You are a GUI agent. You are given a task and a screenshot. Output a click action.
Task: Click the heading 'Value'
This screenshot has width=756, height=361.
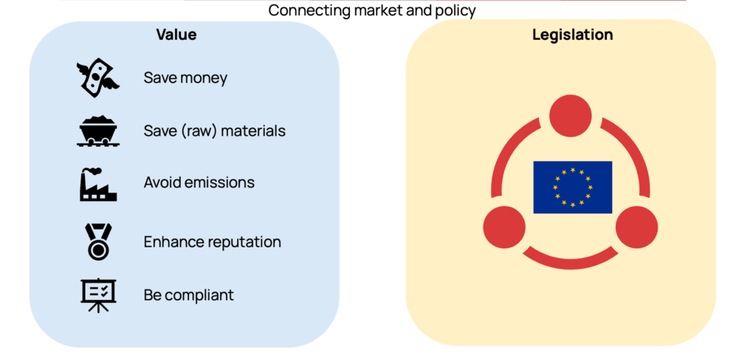(176, 35)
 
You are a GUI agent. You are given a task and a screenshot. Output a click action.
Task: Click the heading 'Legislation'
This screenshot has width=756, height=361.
(572, 35)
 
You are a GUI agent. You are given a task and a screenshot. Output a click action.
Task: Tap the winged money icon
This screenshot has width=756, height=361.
(98, 78)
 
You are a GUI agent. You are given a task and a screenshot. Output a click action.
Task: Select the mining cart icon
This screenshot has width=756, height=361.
(98, 131)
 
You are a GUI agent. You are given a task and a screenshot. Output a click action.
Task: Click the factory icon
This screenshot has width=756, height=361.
(98, 183)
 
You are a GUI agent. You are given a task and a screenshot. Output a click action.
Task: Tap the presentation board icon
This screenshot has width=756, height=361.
(98, 295)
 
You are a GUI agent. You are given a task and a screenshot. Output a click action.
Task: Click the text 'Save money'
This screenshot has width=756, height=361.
(185, 78)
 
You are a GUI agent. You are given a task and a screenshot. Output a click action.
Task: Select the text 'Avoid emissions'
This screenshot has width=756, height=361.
(199, 182)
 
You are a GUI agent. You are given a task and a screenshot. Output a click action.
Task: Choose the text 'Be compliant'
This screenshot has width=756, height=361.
(188, 295)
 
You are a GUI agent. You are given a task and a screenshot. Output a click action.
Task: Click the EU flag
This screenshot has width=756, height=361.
(572, 187)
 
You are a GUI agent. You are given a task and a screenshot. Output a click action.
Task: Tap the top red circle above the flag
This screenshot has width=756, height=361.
(571, 116)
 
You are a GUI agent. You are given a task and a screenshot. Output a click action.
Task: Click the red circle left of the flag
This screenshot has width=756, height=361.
(504, 227)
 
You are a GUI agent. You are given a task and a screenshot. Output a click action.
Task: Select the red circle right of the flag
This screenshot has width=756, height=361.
(636, 227)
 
